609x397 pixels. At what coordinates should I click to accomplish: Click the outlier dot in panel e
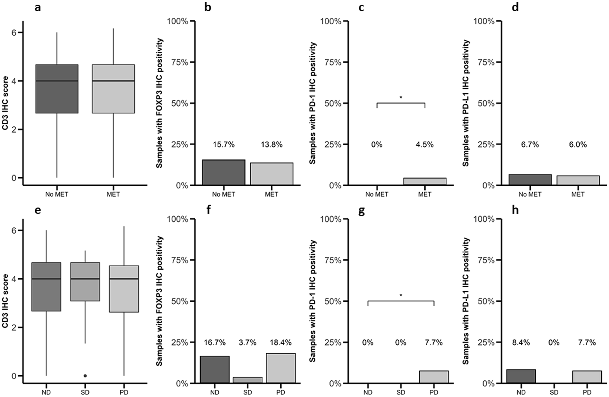coord(85,376)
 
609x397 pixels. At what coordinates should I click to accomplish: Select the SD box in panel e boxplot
coord(85,282)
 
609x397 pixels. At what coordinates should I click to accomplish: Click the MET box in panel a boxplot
coord(113,89)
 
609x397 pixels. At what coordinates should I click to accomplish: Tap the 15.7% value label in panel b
coord(224,145)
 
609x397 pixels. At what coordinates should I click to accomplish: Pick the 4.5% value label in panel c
coord(424,145)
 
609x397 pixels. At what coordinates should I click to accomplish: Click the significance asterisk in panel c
coord(401,97)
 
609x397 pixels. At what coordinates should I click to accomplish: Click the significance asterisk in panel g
coord(401,295)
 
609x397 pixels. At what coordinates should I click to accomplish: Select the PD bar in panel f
coord(281,368)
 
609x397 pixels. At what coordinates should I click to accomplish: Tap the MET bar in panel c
coord(425,182)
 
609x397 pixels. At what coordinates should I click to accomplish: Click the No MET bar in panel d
coord(530,180)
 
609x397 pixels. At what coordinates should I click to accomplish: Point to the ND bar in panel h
coord(521,376)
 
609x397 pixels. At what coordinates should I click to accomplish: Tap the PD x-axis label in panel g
coord(434,392)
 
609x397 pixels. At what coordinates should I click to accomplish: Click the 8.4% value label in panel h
coord(521,342)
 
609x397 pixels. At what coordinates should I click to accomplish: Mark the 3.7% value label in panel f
coord(248,342)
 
